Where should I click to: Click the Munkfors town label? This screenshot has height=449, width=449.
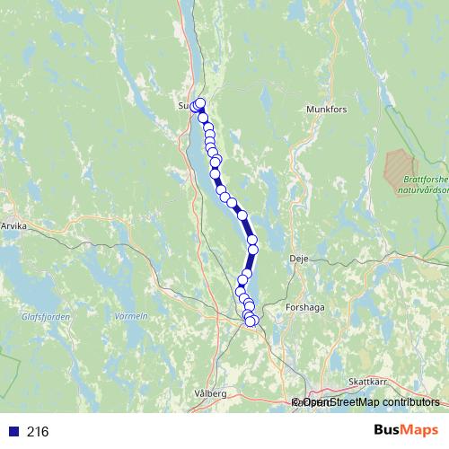tap(326, 110)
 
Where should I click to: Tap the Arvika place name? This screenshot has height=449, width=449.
tap(15, 227)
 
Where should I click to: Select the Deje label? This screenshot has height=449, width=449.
tap(299, 258)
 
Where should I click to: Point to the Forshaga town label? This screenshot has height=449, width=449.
tap(304, 307)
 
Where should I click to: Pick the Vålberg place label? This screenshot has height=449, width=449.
tap(211, 393)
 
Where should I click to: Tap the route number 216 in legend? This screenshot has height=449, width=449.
tap(38, 432)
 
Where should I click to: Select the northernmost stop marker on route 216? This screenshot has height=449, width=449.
tap(200, 102)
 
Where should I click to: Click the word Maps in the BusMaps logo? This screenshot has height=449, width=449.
tap(422, 431)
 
